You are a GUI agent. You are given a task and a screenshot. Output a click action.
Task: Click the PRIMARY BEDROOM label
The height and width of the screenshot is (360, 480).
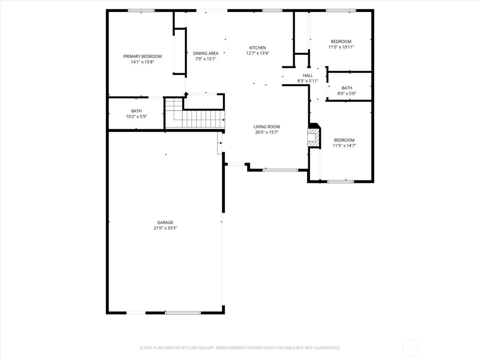(142, 56)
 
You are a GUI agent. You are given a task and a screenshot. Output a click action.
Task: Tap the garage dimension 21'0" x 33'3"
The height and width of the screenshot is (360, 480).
(165, 228)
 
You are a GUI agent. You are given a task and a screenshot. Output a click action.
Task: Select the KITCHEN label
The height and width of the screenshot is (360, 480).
(257, 48)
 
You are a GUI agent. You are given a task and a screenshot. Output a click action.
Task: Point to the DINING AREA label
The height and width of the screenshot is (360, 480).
(206, 53)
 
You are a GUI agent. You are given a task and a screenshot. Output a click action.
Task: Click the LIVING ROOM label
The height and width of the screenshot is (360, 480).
(267, 127)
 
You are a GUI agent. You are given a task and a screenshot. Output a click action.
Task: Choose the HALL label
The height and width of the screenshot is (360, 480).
(308, 75)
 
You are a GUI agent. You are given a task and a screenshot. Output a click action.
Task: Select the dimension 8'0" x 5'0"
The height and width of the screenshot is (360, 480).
(347, 93)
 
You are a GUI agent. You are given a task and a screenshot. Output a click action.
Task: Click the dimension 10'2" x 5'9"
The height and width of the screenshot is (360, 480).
(136, 117)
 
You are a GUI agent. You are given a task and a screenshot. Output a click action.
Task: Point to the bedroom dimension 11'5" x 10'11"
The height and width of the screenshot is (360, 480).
(341, 47)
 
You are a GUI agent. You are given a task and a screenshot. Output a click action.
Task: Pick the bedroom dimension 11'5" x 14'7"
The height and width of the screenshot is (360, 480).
(344, 145)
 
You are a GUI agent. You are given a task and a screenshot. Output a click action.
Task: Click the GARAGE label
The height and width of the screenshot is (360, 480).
(165, 223)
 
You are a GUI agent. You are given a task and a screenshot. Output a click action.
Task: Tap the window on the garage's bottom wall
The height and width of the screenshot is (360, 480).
(183, 313)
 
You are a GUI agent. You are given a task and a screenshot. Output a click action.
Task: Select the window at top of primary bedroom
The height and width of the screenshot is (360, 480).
(141, 11)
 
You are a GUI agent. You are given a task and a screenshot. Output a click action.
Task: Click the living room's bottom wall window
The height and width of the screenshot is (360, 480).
(280, 170)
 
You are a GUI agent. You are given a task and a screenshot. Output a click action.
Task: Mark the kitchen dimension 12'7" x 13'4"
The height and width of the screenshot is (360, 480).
(257, 53)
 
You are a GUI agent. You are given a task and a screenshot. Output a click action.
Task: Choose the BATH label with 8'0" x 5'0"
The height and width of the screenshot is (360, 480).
(347, 88)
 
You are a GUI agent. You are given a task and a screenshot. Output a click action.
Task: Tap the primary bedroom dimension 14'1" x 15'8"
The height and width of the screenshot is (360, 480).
(142, 62)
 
